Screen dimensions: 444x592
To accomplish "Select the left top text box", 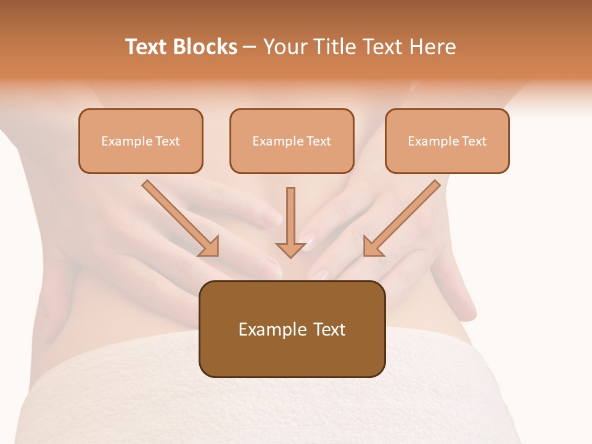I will tap(141, 141).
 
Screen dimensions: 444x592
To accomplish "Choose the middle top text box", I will tap(292, 141).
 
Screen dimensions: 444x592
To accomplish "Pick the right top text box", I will tap(447, 141).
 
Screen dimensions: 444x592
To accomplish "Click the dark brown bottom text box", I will tap(292, 329).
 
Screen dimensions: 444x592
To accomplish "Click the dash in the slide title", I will tap(250, 47).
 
